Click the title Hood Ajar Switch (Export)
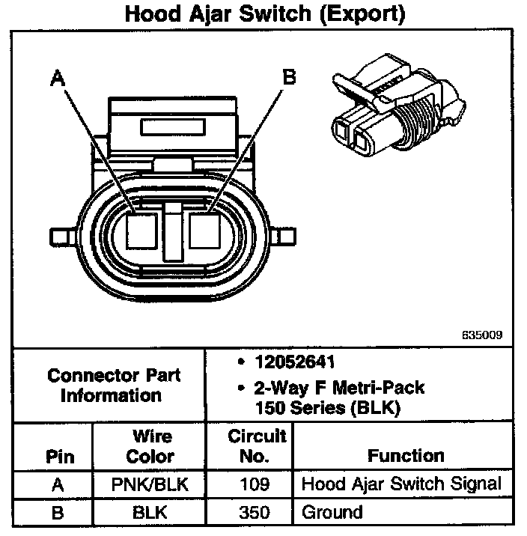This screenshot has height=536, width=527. tap(264, 14)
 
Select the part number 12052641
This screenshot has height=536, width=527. tap(293, 363)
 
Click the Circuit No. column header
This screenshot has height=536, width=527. tap(257, 446)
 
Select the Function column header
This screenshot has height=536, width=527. tap(406, 455)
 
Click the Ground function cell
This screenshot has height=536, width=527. tap(332, 513)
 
